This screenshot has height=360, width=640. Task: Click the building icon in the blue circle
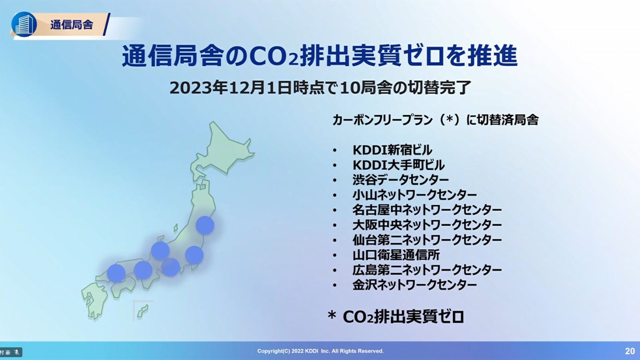[x=24, y=24]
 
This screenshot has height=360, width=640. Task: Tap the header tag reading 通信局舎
[x=72, y=25]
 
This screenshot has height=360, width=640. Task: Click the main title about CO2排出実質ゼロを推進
[x=320, y=56]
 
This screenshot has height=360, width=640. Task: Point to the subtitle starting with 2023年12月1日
[x=320, y=88]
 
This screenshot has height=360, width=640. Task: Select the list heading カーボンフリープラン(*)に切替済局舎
[x=436, y=120]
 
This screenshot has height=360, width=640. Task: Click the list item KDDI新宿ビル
[x=392, y=150]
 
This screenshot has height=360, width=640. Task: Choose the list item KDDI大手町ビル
[x=399, y=165]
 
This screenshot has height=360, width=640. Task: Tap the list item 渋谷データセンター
[x=401, y=180]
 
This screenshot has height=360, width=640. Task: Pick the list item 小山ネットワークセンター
[x=414, y=195]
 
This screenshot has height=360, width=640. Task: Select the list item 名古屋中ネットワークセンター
[x=427, y=210]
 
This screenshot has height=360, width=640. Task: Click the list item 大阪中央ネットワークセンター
[x=427, y=225]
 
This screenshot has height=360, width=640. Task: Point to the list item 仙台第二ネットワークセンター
[x=427, y=240]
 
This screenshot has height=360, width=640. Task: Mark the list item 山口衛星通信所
[x=396, y=255]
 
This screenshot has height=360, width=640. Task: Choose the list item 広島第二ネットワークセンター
[x=427, y=270]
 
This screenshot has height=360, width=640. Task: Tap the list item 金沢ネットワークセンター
[x=414, y=285]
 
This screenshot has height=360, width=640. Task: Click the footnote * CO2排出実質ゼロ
[x=396, y=317]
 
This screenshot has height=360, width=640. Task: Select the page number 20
[x=630, y=351]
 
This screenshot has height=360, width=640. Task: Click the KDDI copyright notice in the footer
[x=320, y=351]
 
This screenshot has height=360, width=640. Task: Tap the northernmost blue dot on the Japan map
[x=205, y=225]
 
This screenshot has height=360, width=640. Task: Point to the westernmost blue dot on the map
[x=116, y=273]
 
